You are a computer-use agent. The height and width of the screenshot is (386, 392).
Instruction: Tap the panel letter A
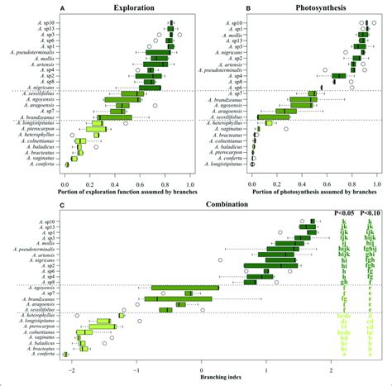click(66, 7)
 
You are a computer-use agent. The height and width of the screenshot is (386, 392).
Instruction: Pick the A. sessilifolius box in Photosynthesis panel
click(274, 117)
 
